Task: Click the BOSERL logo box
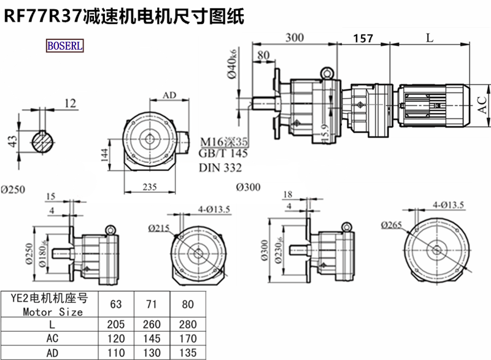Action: pyautogui.click(x=65, y=46)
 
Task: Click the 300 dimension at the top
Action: pyautogui.click(x=295, y=37)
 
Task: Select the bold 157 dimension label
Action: pyautogui.click(x=363, y=39)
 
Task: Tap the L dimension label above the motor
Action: pyautogui.click(x=430, y=37)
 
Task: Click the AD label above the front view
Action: pyautogui.click(x=170, y=96)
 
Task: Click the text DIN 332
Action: pyautogui.click(x=220, y=167)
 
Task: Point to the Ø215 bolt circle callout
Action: pyautogui.click(x=158, y=228)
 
